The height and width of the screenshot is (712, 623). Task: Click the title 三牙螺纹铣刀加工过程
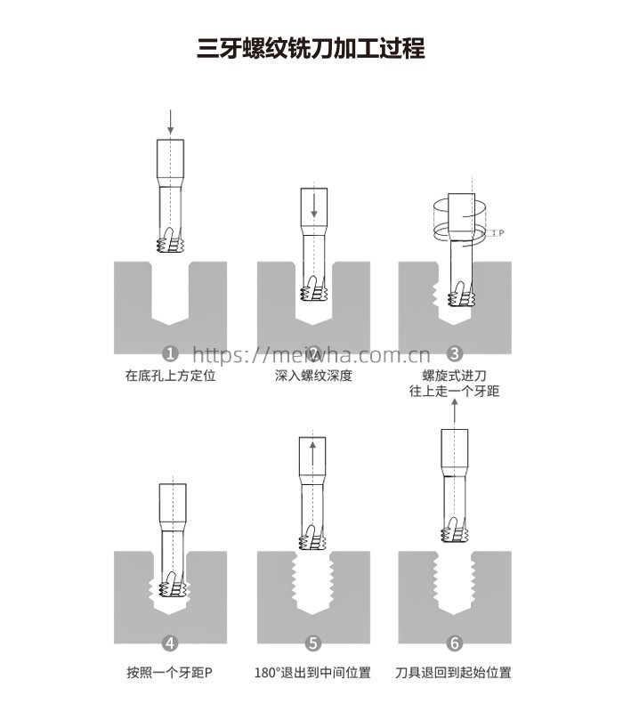point(311,48)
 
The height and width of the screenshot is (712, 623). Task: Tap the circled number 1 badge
point(170,353)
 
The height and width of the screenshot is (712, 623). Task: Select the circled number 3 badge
point(455,353)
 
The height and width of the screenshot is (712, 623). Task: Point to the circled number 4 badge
point(170,643)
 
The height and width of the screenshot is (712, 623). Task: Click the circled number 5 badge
point(313,643)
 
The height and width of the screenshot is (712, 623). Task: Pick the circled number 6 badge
point(455,643)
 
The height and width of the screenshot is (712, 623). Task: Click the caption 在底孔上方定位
point(170,376)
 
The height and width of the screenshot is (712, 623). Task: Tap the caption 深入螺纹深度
point(313,376)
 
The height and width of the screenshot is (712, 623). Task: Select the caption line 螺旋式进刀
point(455,376)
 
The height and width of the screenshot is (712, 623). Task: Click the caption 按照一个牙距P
point(169,672)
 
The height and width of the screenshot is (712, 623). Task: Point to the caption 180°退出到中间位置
point(312,672)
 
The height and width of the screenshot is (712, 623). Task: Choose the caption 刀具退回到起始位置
point(453,672)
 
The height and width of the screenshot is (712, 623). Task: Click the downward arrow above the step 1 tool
point(170,122)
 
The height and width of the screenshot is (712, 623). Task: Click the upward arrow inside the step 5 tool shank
point(312,456)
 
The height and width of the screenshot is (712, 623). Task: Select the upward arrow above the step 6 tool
point(455,413)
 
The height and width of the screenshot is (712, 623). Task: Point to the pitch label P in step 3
point(501,233)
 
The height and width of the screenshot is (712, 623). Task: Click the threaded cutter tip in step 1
point(170,239)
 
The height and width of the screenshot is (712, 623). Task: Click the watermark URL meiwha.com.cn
point(311,354)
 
